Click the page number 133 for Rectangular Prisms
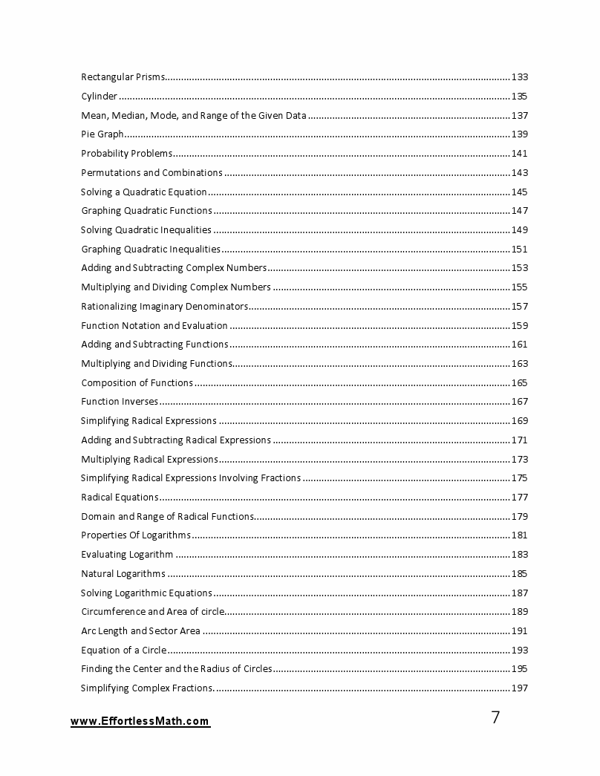click(520, 77)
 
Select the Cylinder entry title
click(99, 97)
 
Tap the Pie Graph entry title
click(102, 134)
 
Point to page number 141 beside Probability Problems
click(520, 154)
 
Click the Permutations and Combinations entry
click(151, 173)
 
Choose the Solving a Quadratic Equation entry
click(143, 192)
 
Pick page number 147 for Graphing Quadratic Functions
click(520, 211)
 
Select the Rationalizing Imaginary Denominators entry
click(163, 307)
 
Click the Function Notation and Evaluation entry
click(154, 325)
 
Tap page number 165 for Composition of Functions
click(520, 383)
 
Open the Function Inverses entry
click(119, 402)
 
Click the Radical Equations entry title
click(119, 498)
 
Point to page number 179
click(520, 516)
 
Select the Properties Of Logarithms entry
click(135, 535)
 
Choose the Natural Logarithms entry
click(123, 573)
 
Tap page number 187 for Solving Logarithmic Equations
click(520, 593)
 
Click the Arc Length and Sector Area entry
click(140, 631)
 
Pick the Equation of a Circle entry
click(123, 651)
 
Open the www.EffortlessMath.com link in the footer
click(140, 721)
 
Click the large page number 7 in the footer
click(496, 717)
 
